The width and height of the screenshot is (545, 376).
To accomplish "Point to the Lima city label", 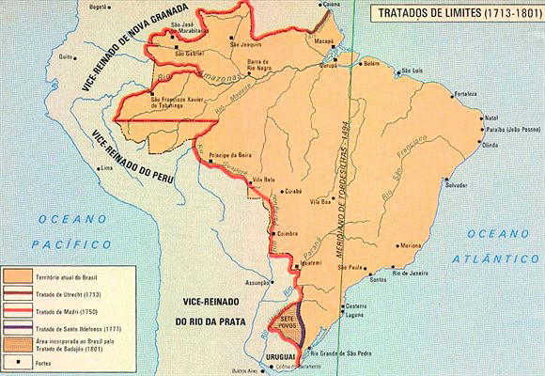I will click(106, 167).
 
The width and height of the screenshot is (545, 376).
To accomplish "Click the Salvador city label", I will click(458, 185).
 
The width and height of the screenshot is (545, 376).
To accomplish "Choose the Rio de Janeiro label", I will click(412, 274).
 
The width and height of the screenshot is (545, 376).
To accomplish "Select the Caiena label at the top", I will click(330, 6).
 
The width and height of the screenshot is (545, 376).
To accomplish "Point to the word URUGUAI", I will click(281, 358).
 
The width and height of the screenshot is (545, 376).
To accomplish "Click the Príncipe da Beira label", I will click(228, 151).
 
